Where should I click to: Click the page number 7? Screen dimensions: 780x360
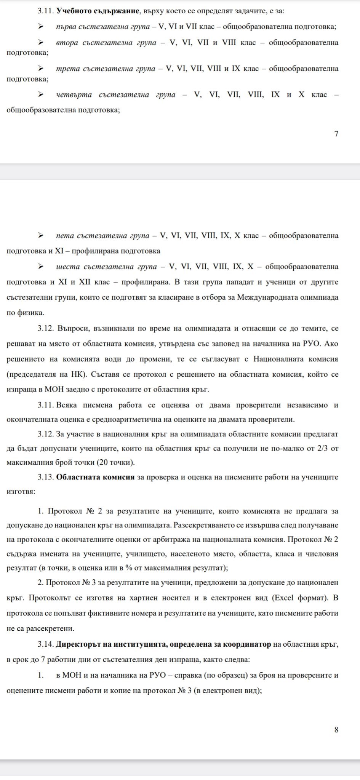336,134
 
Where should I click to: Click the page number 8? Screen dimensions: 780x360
336,730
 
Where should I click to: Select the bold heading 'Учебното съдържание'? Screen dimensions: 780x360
97,11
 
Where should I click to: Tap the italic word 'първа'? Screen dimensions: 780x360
67,27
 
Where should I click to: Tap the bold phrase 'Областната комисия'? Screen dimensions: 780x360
95,477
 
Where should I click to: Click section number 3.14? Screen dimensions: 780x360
45,644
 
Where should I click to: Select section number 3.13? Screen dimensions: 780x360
45,477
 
